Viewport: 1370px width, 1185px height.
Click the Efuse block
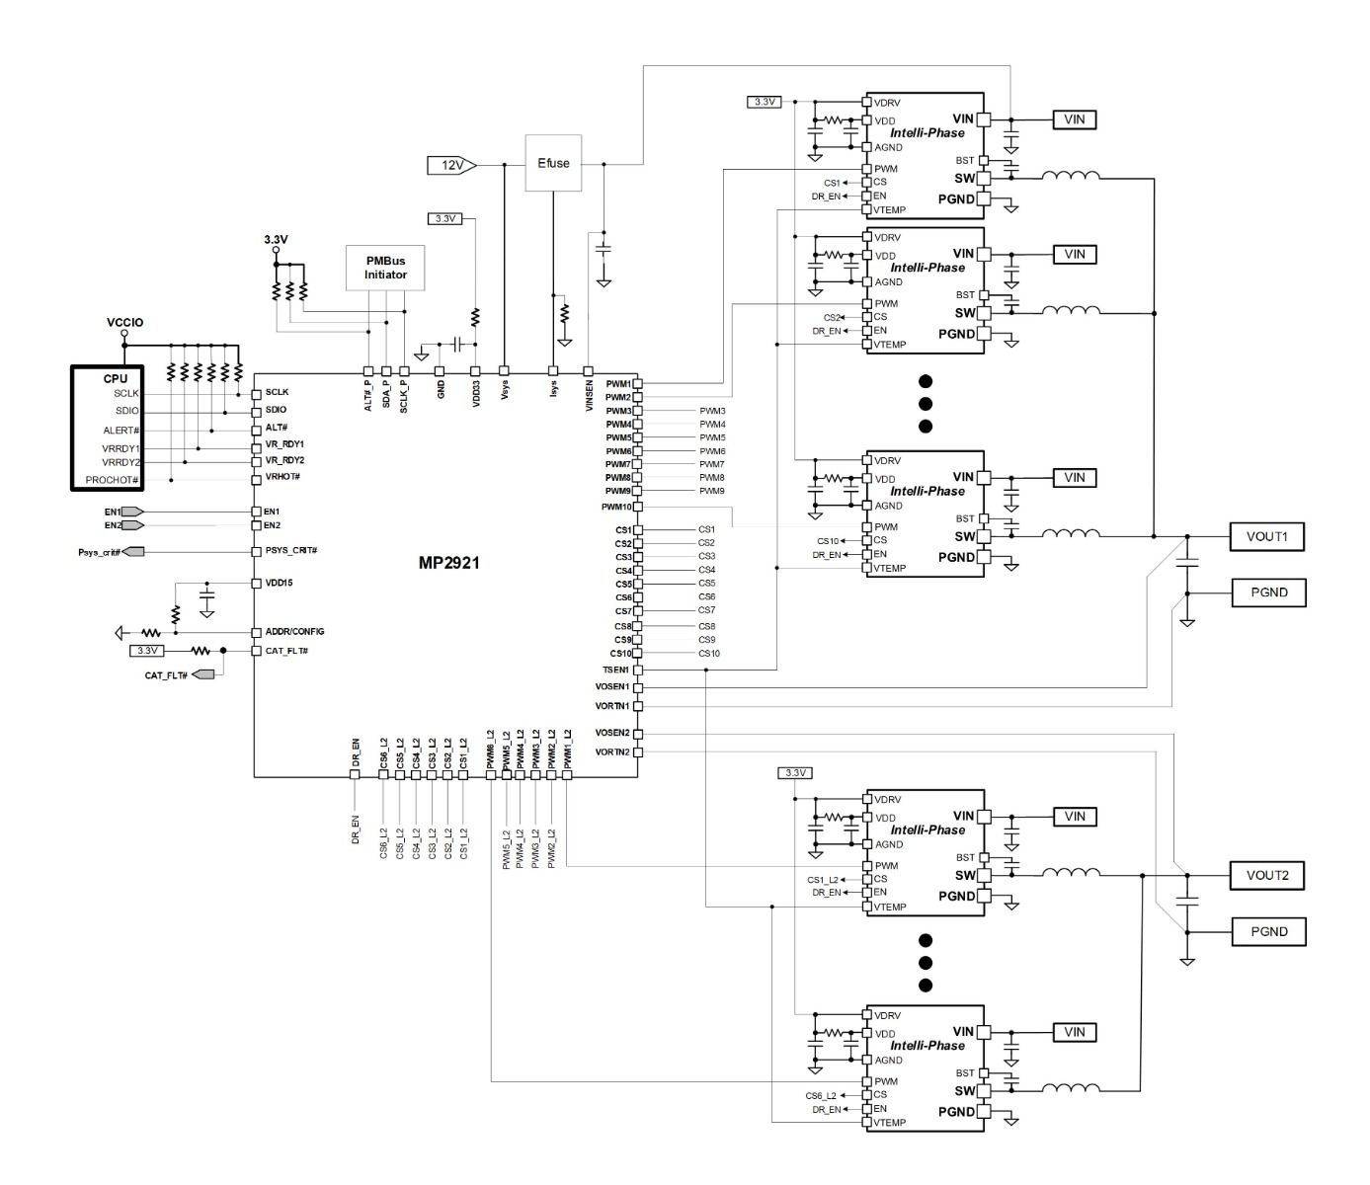click(x=553, y=163)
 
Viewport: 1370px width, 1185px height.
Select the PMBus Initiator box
click(x=385, y=268)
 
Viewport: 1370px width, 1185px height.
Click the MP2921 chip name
click(x=448, y=563)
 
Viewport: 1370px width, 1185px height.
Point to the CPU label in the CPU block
click(x=116, y=378)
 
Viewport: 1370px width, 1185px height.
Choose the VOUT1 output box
click(x=1266, y=537)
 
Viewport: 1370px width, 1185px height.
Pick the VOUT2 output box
click(x=1266, y=876)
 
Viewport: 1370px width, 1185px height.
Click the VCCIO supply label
click(x=124, y=323)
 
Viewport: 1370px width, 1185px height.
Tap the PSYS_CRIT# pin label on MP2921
click(x=291, y=551)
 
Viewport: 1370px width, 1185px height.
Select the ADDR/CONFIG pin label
click(x=295, y=632)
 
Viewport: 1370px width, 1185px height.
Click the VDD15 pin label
click(x=279, y=584)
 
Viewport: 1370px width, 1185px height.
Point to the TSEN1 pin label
click(x=615, y=671)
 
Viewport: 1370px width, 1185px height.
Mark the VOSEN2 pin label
click(x=612, y=733)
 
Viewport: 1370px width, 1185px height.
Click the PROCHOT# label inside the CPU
click(x=112, y=480)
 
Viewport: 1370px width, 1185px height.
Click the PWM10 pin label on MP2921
click(x=616, y=507)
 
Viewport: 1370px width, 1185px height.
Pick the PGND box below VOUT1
click(x=1268, y=592)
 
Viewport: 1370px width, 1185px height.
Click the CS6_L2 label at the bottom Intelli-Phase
click(x=821, y=1096)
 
